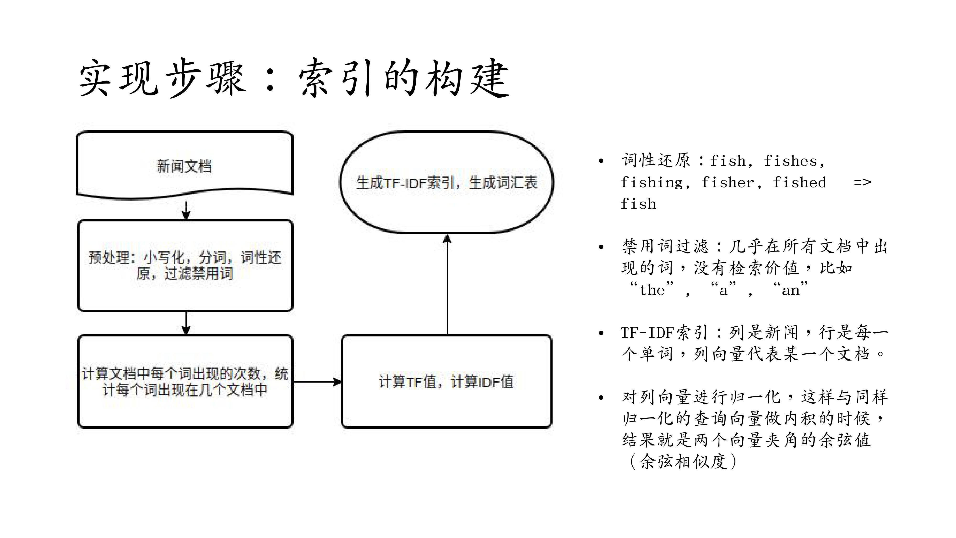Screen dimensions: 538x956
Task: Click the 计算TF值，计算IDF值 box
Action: (446, 381)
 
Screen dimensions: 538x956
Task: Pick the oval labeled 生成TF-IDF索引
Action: (446, 182)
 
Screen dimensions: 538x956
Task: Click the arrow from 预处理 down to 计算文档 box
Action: (186, 323)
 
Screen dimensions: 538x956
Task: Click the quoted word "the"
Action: (652, 290)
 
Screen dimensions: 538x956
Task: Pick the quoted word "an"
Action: (790, 290)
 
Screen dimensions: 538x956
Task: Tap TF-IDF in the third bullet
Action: (648, 333)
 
